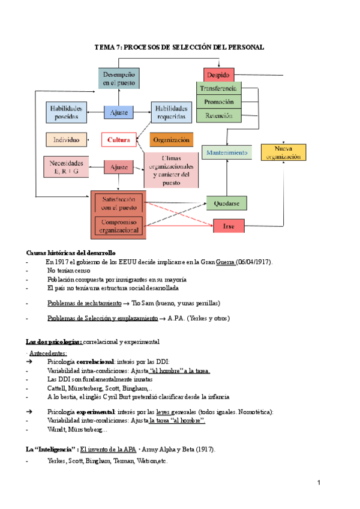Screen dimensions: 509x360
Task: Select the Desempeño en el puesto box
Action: click(119, 78)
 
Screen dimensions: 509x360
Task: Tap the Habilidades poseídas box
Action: click(66, 112)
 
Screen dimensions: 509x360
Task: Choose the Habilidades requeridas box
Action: click(172, 112)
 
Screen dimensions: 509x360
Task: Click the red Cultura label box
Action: click(119, 140)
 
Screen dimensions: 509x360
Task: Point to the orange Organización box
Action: click(172, 140)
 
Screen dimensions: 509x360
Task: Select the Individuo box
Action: click(66, 140)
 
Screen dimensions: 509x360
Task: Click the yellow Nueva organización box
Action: click(283, 152)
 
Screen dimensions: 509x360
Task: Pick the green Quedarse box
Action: click(227, 203)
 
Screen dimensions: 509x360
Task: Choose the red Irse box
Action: click(229, 226)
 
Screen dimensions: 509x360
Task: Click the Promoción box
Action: click(219, 102)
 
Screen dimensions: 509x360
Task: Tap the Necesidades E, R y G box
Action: click(66, 167)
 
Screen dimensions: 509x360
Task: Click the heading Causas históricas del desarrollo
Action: click(71, 253)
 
